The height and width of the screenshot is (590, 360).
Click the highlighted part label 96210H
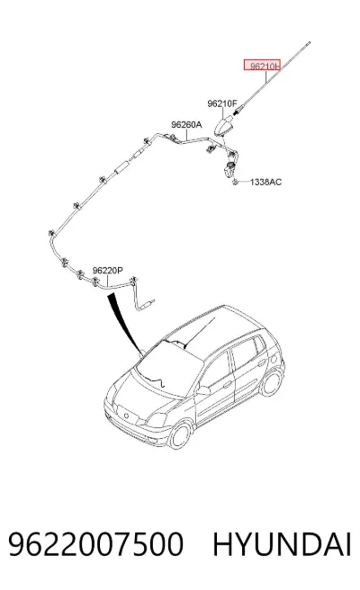[x=262, y=66]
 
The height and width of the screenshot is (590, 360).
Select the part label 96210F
[x=222, y=103]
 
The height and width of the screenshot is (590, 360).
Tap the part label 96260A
[x=186, y=124]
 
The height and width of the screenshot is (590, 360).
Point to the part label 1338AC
[x=265, y=182]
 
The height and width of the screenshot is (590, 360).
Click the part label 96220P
[x=108, y=270]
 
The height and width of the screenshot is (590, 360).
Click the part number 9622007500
[x=95, y=544]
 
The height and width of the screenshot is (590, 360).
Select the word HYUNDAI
[x=282, y=544]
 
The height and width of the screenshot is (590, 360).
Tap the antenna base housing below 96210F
[x=223, y=126]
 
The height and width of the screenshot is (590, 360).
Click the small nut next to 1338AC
[x=235, y=182]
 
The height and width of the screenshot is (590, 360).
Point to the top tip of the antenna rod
[x=310, y=42]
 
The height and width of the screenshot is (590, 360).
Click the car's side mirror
[x=202, y=390]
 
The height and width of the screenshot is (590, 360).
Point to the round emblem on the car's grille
[x=126, y=416]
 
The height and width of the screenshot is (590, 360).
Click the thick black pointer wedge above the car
[x=124, y=324]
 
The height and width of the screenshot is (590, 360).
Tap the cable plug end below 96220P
[x=147, y=304]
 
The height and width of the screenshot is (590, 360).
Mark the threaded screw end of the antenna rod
[x=238, y=111]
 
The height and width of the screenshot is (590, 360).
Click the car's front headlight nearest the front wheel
[x=157, y=419]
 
